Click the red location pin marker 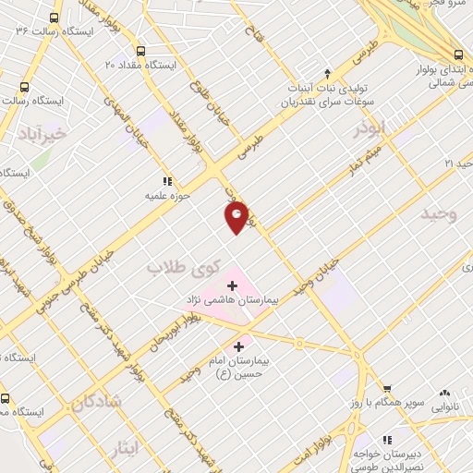tap(237, 217)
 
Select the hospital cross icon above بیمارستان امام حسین tap(239, 346)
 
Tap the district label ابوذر tap(370, 130)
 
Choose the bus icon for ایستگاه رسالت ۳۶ tap(55, 18)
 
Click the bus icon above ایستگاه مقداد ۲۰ tap(141, 52)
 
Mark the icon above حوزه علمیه tap(167, 182)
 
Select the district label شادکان tap(94, 401)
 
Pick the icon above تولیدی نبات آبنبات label tap(326, 72)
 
